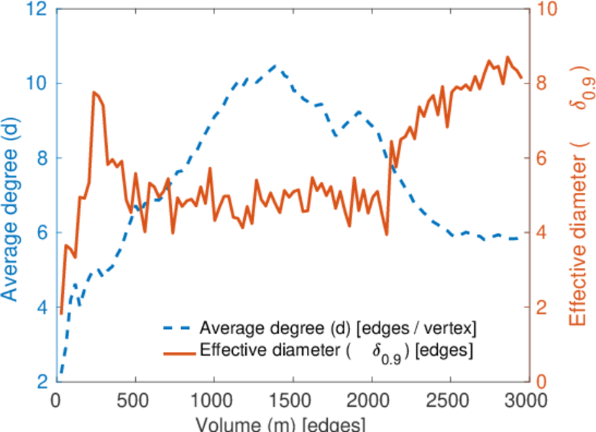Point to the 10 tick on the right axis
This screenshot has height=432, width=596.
tap(543, 9)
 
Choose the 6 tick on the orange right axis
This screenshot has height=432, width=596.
tap(538, 158)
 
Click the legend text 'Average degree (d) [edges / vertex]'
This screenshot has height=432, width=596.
tap(338, 329)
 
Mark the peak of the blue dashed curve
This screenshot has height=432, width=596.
tap(275, 65)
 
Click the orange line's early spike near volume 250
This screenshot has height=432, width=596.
tap(94, 92)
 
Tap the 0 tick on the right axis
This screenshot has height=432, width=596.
tap(538, 382)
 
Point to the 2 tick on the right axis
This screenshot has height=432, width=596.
tap(538, 307)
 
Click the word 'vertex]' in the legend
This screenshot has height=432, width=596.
tap(454, 329)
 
